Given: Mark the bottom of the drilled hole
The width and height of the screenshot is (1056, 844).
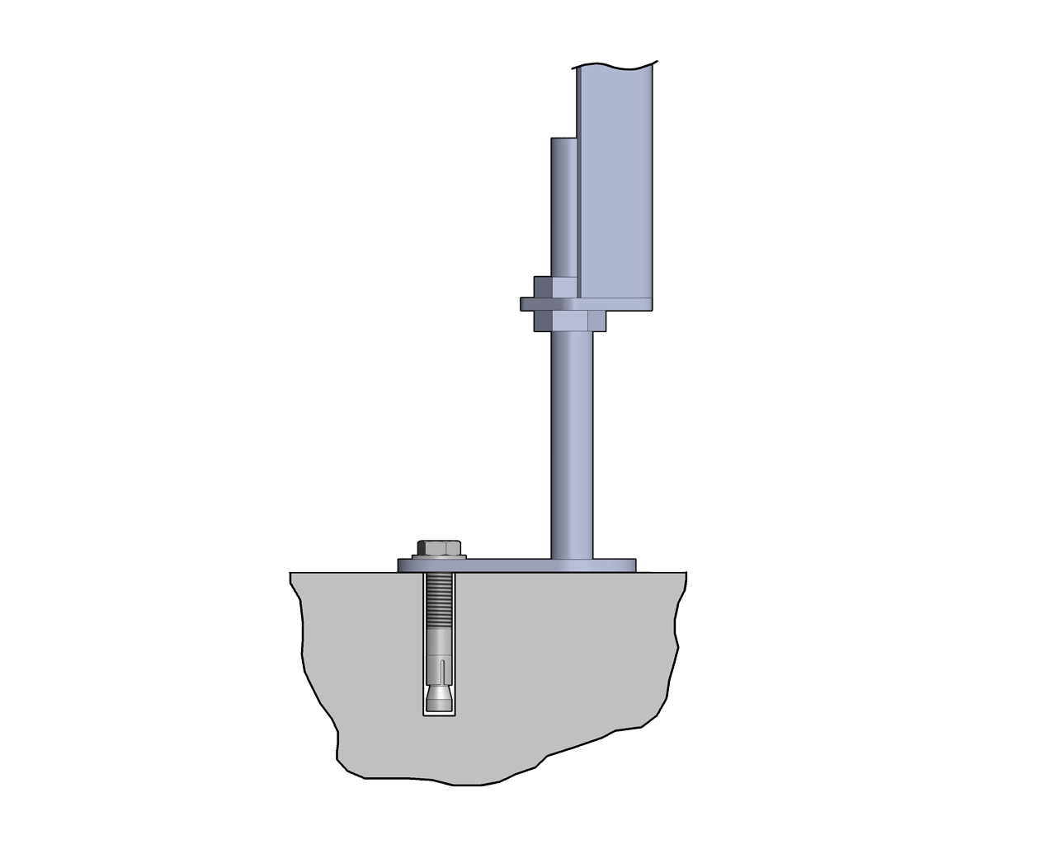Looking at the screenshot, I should pyautogui.click(x=440, y=715).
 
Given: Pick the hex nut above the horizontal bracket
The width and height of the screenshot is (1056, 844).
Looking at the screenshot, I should pyautogui.click(x=554, y=287).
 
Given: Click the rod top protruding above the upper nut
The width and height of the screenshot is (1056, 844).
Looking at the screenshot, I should pyautogui.click(x=563, y=206).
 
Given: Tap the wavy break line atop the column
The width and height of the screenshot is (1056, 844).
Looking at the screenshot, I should pyautogui.click(x=615, y=65).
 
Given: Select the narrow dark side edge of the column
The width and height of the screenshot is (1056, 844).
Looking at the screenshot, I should pyautogui.click(x=578, y=181).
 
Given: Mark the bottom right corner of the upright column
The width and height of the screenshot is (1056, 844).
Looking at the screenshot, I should pyautogui.click(x=654, y=310).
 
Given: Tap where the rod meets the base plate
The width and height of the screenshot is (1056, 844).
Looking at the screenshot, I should pyautogui.click(x=572, y=556).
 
